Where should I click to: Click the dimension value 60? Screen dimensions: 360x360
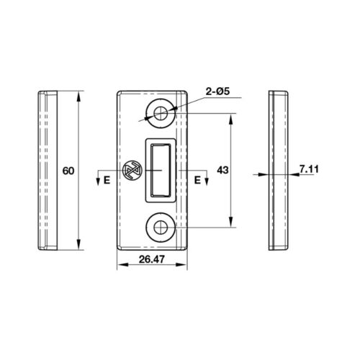click(68, 171)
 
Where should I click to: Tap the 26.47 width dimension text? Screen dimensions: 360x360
click(152, 259)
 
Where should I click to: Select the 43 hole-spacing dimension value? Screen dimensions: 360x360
click(222, 170)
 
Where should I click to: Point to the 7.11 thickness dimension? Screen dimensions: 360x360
click(309, 169)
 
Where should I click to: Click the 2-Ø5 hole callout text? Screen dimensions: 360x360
click(217, 91)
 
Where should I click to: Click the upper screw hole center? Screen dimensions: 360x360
click(161, 113)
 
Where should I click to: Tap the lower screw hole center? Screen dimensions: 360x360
click(161, 228)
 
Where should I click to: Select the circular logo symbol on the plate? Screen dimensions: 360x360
click(132, 170)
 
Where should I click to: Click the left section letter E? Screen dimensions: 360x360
click(107, 180)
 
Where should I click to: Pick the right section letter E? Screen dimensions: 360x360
click(197, 180)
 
